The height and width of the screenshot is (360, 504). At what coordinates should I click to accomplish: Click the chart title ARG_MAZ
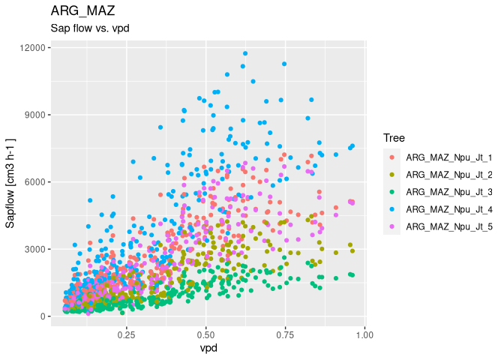click(82, 11)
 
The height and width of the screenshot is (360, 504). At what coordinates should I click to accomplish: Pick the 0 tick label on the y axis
click(42, 316)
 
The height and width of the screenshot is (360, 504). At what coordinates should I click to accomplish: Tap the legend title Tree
click(394, 138)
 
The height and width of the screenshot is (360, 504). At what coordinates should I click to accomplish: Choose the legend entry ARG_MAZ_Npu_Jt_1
click(448, 157)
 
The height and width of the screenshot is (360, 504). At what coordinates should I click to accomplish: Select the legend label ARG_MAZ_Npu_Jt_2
click(448, 175)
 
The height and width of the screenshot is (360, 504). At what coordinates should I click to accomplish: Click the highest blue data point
click(245, 53)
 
